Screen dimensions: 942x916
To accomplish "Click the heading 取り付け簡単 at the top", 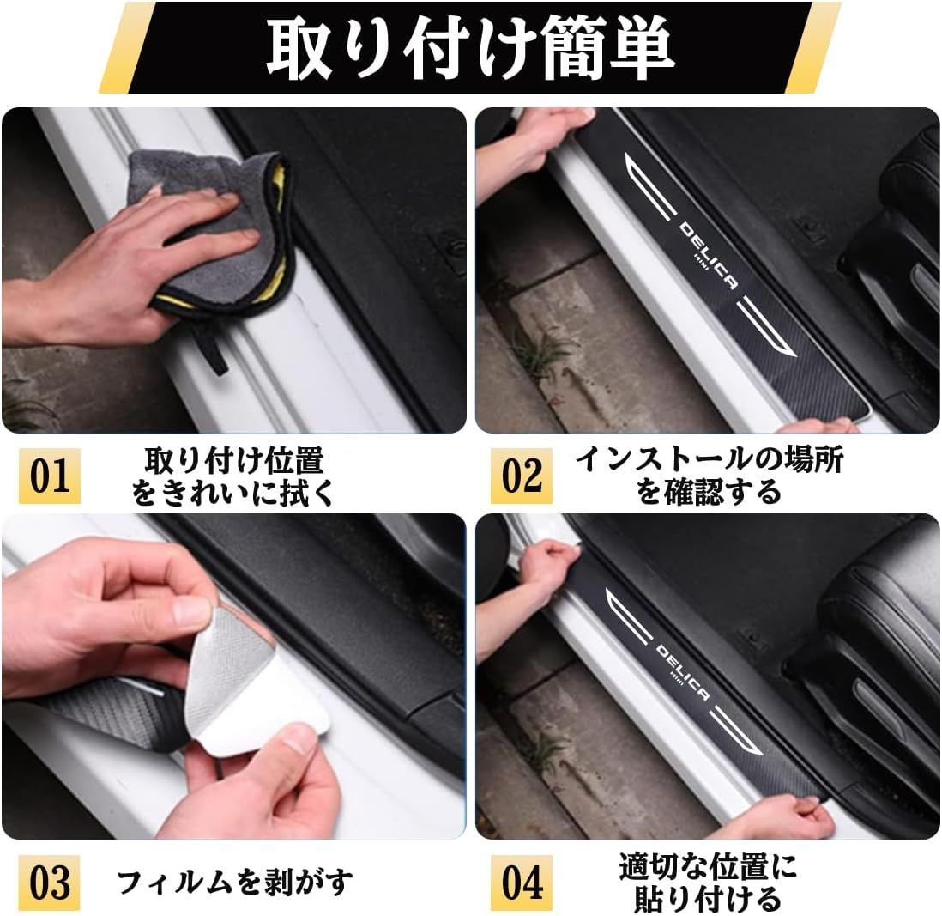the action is coord(470,48).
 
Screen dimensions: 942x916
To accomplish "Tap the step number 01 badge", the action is coord(49,476).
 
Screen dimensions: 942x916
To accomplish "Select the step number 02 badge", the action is coord(521,476).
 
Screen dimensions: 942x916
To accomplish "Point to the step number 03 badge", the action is coord(49,883).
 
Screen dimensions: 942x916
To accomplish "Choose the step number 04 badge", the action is coord(521,883).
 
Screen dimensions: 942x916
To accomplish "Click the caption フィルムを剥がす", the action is coord(235,883).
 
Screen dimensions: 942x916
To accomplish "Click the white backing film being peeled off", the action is coord(252,691).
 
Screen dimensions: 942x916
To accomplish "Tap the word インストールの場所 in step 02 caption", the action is coord(709,460).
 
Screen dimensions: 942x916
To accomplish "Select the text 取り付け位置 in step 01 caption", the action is coord(234,460).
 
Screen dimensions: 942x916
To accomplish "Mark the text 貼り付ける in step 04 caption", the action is coord(709,899).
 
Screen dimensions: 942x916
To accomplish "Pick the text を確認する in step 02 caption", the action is coord(709,492).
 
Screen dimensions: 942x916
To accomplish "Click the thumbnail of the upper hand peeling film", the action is coord(193,615).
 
